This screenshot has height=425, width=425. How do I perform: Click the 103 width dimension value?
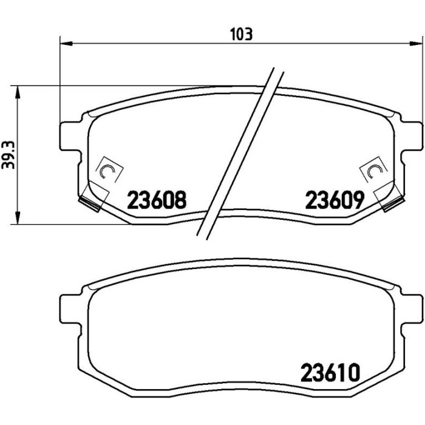pyautogui.click(x=241, y=35)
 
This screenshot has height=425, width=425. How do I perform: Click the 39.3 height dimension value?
pyautogui.click(x=8, y=155)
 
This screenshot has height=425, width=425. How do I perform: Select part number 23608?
pyautogui.click(x=157, y=200)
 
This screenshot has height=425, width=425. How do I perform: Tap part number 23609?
pyautogui.click(x=335, y=200)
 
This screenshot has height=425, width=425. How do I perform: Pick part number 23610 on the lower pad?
pyautogui.click(x=330, y=373)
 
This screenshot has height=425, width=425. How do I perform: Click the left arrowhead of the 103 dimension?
pyautogui.click(x=66, y=43)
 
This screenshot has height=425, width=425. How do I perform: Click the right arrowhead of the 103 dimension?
pyautogui.click(x=416, y=43)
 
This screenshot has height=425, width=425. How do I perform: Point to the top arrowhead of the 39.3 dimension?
pyautogui.click(x=18, y=92)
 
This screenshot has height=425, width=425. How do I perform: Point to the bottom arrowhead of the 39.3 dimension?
pyautogui.click(x=18, y=217)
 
